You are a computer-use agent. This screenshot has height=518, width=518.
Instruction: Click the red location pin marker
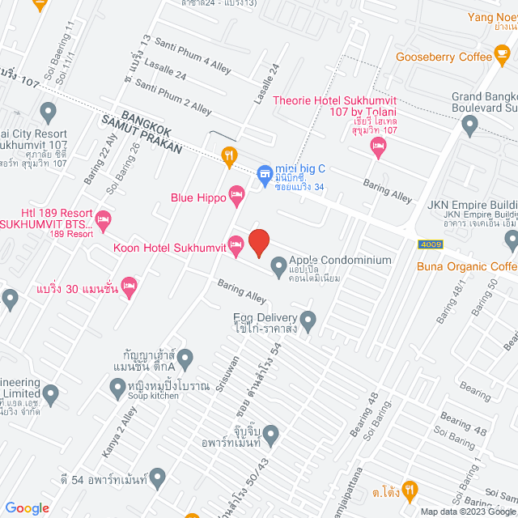pyautogui.click(x=258, y=243)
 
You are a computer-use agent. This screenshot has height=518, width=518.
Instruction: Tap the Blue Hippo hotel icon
pyautogui.click(x=236, y=193)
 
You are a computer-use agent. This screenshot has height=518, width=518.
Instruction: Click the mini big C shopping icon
pyautogui.click(x=263, y=173)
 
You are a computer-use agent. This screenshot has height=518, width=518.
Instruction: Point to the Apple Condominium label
pyautogui.click(x=340, y=261)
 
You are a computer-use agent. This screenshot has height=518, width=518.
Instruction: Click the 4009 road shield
pyautogui.click(x=431, y=244)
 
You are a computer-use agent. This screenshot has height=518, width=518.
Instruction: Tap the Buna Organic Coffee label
pyautogui.click(x=466, y=265)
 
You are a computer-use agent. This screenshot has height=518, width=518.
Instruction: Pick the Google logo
pyautogui.click(x=28, y=507)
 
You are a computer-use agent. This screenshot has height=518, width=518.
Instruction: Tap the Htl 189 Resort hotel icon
pyautogui.click(x=103, y=218)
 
